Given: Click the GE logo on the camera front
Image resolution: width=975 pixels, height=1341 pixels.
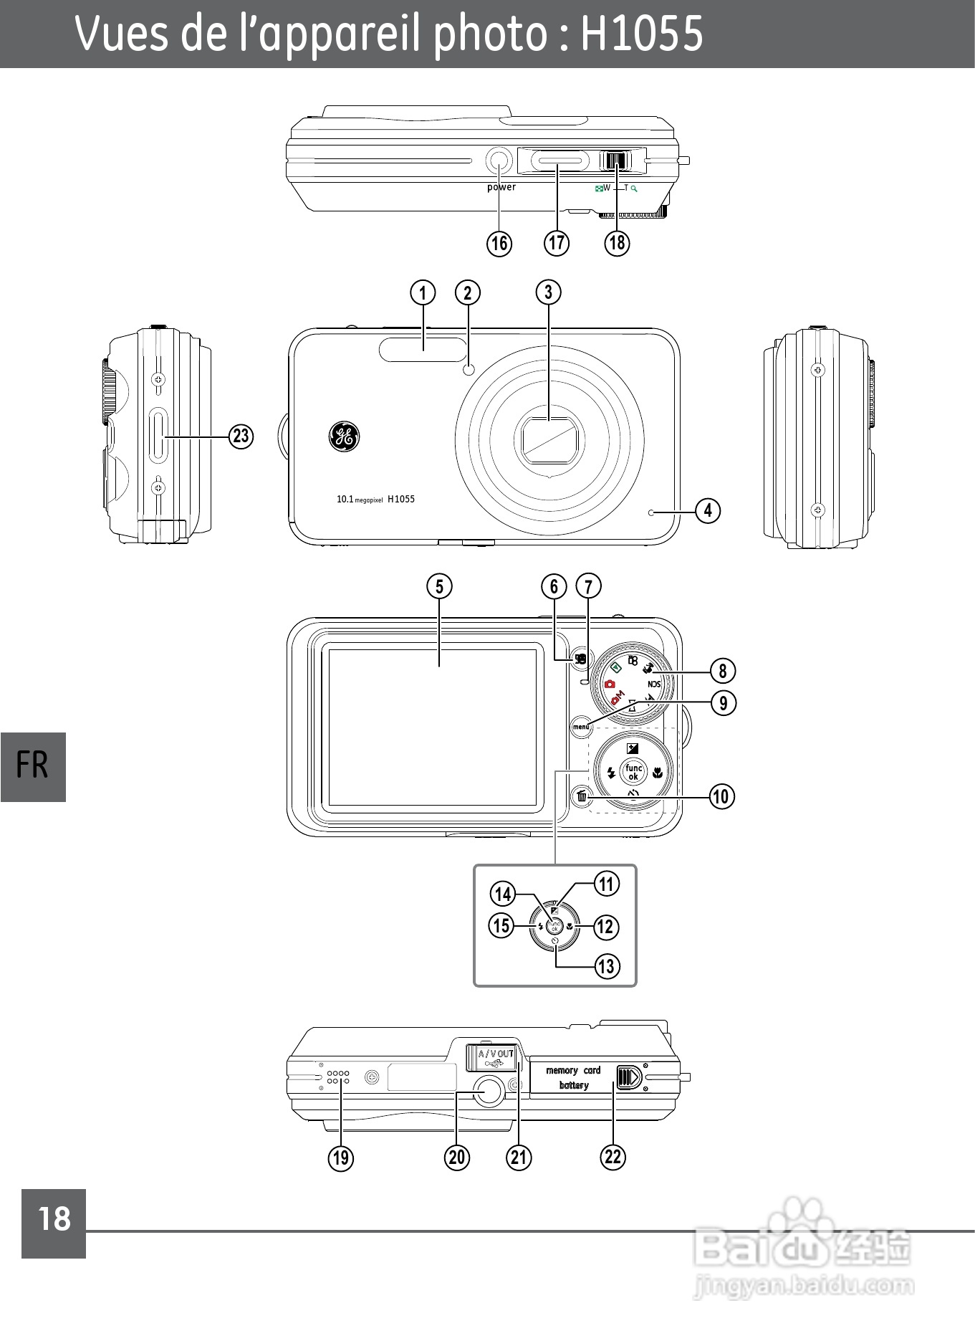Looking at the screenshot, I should tap(344, 436).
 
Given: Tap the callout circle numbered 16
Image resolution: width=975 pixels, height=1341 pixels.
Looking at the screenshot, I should tap(499, 244).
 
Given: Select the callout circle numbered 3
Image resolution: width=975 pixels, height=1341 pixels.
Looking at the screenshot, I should tap(549, 292).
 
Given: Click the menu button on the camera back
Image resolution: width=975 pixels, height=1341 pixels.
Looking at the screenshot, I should tap(581, 726).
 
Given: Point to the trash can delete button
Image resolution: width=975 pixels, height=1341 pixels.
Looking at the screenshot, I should tap(582, 796).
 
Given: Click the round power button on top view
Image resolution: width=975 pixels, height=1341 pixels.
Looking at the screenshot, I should tap(499, 161).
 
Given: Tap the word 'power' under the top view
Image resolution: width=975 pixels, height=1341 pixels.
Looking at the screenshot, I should tap(501, 187).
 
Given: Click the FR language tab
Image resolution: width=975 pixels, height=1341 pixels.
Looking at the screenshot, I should tap(33, 766).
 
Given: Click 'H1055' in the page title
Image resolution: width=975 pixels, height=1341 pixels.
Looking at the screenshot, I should tap(641, 34).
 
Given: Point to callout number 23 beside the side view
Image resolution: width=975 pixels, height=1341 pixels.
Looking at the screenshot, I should tap(241, 436).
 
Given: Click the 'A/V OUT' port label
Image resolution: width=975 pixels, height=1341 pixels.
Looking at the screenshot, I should tap(496, 1054).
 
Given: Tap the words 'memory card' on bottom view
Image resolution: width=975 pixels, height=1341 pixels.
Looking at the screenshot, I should tap(573, 1070).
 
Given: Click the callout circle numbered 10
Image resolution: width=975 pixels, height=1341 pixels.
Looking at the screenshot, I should tap(722, 796).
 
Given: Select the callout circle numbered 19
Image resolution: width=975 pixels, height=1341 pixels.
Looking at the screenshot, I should tap(341, 1158).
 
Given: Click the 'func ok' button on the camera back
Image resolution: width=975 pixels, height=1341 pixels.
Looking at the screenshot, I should tap(633, 772).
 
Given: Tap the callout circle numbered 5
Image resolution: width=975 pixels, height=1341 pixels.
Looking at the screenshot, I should tap(439, 586).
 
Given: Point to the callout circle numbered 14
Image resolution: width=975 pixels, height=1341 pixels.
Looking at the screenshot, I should tap(503, 894).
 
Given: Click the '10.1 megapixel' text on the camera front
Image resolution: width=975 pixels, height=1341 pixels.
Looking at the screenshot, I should tap(360, 500).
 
